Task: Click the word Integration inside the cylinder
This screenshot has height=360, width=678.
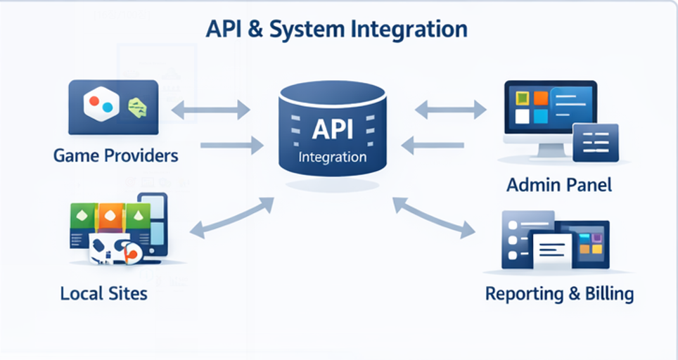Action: [x=332, y=157]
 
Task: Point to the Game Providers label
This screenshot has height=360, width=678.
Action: [x=115, y=155]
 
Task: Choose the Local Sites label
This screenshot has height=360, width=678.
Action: [x=104, y=292]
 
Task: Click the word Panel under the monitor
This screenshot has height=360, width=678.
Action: [x=588, y=185]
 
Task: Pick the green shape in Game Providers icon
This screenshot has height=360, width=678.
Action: [x=137, y=107]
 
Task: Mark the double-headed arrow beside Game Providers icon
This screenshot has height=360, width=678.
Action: [x=211, y=109]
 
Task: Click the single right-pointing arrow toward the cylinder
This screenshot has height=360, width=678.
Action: [x=231, y=146]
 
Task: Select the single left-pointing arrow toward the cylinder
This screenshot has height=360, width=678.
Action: [x=433, y=146]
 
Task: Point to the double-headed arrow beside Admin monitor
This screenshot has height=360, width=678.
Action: [x=451, y=109]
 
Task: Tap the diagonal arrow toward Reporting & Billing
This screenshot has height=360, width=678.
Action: [x=433, y=217]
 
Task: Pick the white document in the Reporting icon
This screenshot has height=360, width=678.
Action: [x=553, y=247]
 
